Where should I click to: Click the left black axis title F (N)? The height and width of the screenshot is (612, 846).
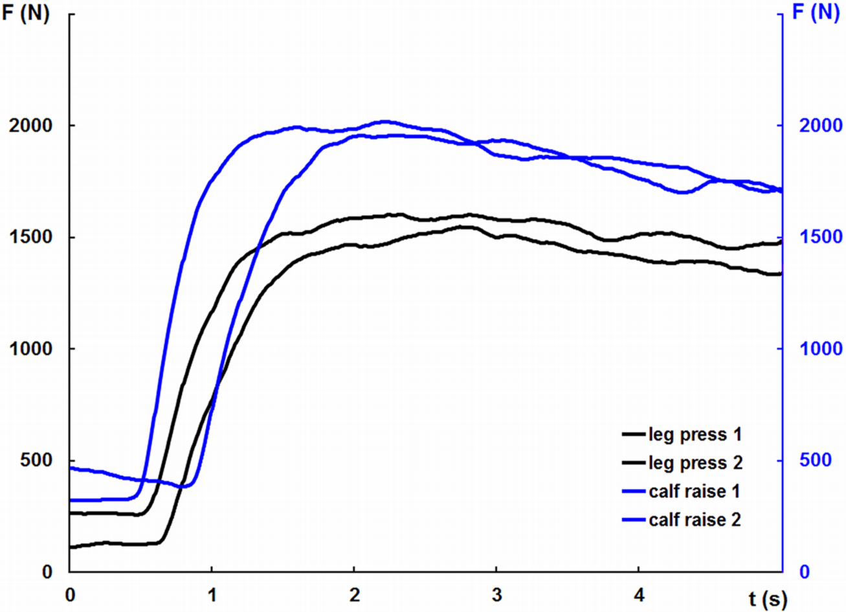click(27, 14)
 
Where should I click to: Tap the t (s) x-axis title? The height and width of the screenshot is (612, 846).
click(768, 600)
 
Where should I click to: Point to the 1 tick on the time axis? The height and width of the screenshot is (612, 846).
click(212, 594)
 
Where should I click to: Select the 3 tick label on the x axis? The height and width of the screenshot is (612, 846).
click(496, 594)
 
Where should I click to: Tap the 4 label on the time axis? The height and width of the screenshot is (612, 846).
click(639, 594)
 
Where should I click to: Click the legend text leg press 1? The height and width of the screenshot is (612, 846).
click(695, 435)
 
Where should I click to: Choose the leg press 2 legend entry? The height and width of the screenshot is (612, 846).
click(695, 463)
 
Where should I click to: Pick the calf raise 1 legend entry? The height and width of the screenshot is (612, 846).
click(694, 492)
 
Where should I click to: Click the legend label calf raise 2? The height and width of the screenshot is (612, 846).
click(695, 520)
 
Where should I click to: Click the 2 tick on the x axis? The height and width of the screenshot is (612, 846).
click(354, 594)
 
